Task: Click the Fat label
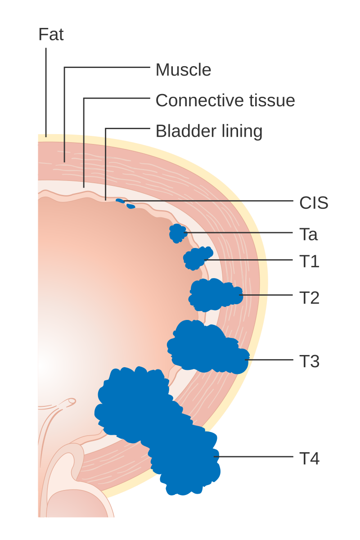[x=51, y=35]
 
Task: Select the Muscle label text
[x=183, y=70]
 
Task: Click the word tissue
[x=272, y=100]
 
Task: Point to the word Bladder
[x=186, y=131]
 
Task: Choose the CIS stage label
[x=314, y=203]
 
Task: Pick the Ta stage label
[x=308, y=234]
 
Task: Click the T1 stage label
[x=309, y=261]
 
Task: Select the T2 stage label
[x=309, y=298]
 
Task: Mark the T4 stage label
[x=309, y=458]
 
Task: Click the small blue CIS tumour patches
[x=125, y=203]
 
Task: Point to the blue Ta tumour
[x=178, y=233]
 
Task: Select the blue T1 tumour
[x=197, y=258]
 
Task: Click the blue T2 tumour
[x=215, y=295]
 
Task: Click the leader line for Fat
[x=46, y=92]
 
